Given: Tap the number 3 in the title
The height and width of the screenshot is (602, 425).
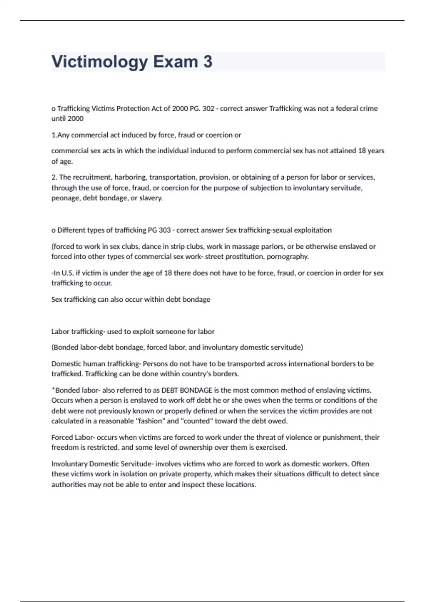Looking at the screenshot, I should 208,62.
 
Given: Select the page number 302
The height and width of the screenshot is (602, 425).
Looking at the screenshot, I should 208,109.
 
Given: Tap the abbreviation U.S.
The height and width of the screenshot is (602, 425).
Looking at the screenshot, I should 67,273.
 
